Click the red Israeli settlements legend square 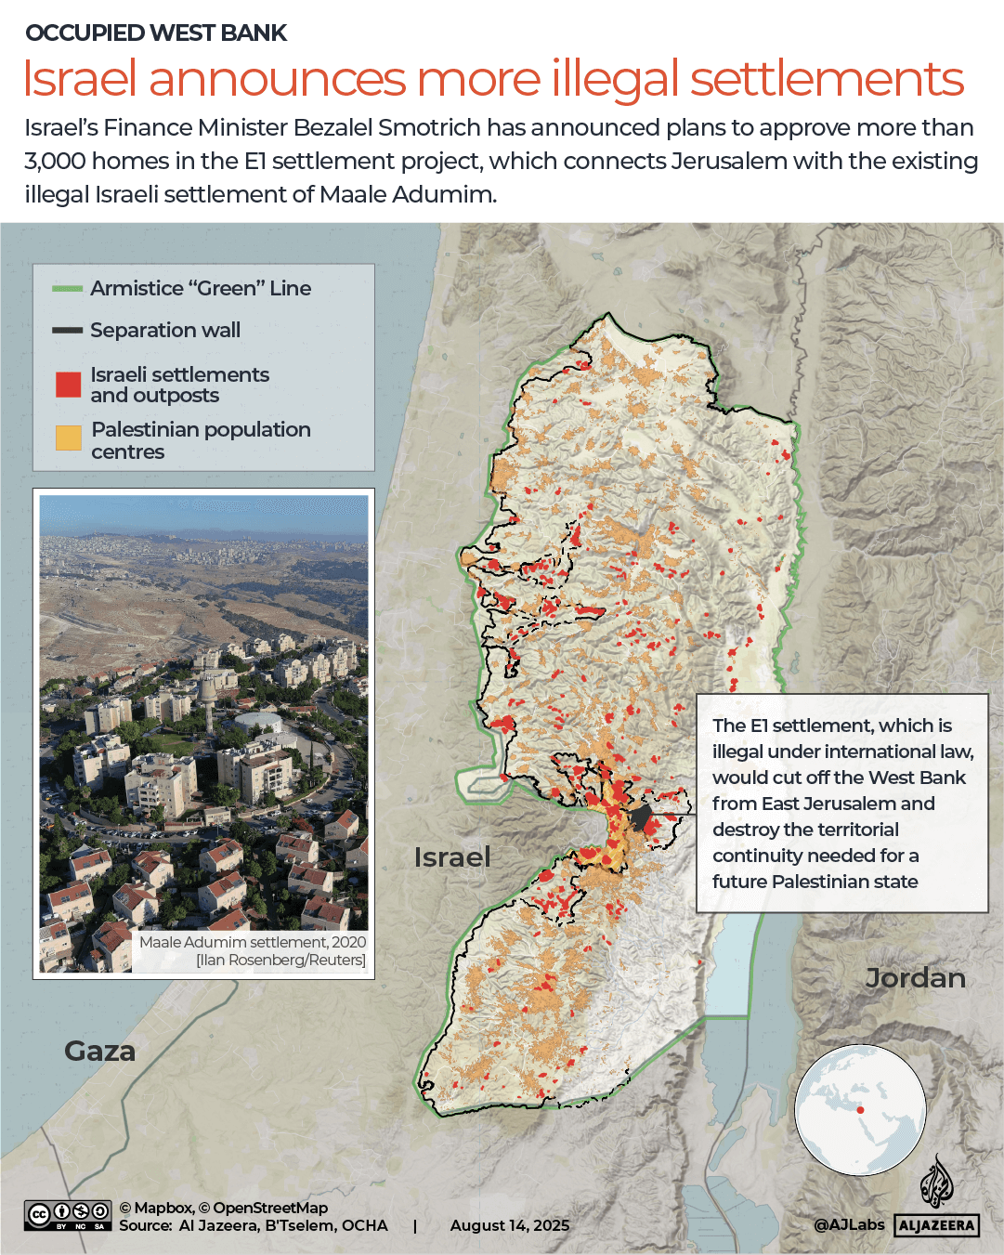[x=68, y=384]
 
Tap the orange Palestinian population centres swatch [x=68, y=438]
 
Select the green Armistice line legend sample [x=68, y=289]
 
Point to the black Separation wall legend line [x=68, y=330]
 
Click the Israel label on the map [x=451, y=856]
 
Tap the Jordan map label [x=915, y=978]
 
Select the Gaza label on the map [x=99, y=1051]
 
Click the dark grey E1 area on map [x=640, y=818]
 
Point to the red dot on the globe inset [x=860, y=1110]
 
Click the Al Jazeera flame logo [x=936, y=1183]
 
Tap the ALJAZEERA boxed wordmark [x=936, y=1225]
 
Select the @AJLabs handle [x=849, y=1224]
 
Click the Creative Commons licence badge [x=68, y=1215]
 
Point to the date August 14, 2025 [x=510, y=1225]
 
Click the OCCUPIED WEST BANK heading [x=156, y=33]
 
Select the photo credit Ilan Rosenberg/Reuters [x=281, y=960]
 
